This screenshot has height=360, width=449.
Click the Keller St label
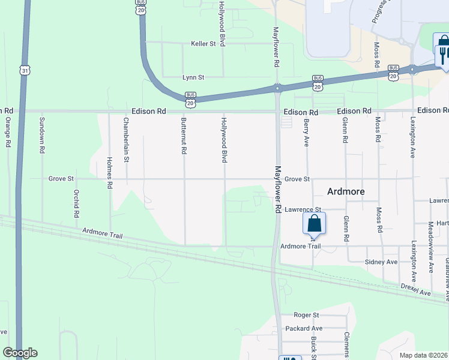(x=203, y=44)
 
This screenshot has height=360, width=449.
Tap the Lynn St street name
(x=193, y=77)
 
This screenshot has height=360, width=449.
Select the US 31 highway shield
(x=24, y=71)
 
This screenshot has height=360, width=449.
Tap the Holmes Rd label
(x=109, y=173)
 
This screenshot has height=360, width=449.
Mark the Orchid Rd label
(x=76, y=204)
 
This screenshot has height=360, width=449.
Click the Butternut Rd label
(x=184, y=136)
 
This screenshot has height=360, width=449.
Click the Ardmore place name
(x=346, y=191)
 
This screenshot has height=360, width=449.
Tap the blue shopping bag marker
(x=315, y=224)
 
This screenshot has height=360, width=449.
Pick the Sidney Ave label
(x=381, y=262)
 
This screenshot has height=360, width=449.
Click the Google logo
(x=20, y=353)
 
